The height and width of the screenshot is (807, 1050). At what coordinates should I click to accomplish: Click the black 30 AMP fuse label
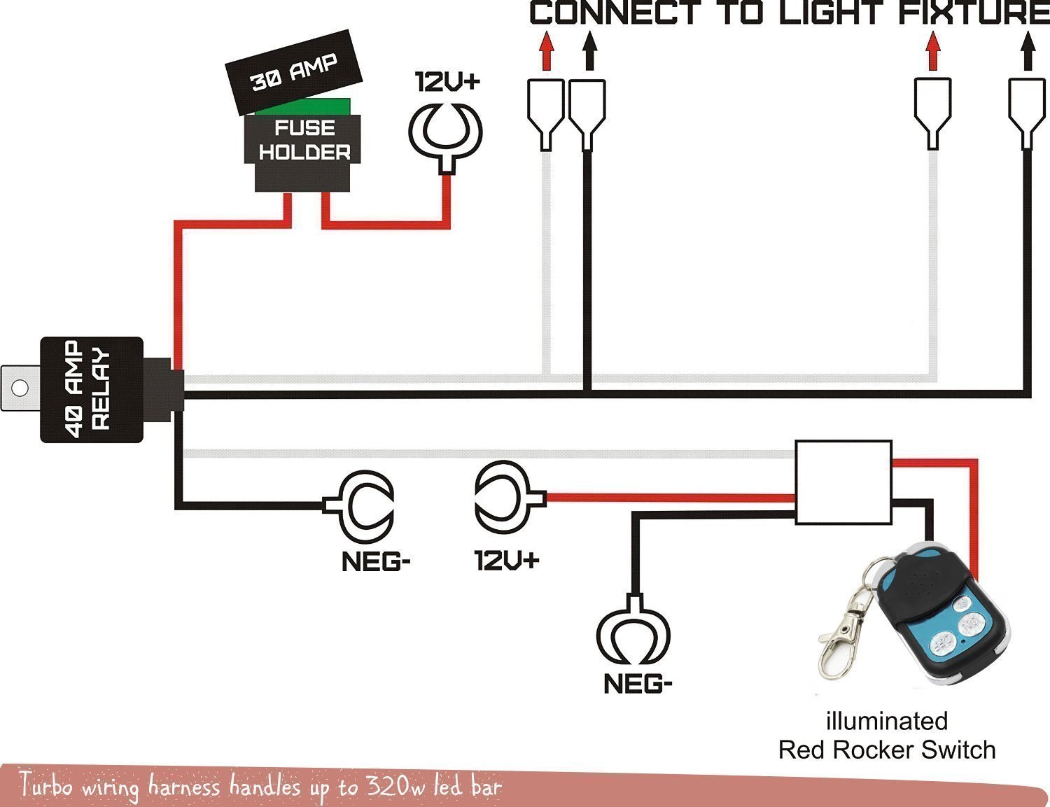click(293, 72)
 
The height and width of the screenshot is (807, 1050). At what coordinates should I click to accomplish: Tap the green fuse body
click(302, 106)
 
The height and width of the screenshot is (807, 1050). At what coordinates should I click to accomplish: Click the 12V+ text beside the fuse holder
click(448, 81)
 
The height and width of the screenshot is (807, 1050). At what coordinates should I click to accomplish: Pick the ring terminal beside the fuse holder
click(445, 133)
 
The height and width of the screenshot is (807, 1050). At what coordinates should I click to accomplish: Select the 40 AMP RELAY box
click(92, 389)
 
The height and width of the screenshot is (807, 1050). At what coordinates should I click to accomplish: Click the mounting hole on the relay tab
click(19, 388)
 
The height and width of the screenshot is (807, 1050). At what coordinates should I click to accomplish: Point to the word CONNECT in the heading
click(615, 13)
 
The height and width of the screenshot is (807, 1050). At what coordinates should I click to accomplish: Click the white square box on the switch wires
click(843, 482)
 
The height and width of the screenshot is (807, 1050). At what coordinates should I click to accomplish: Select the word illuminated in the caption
click(886, 721)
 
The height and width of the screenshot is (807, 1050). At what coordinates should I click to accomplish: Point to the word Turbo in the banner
click(46, 785)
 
